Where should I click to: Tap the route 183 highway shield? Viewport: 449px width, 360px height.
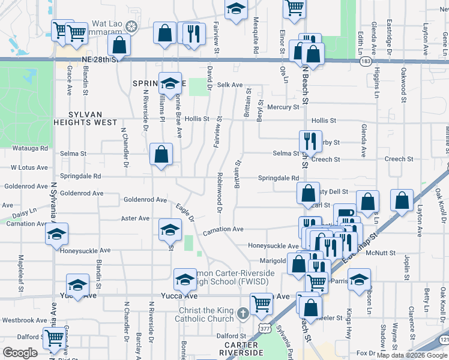[x=366, y=61]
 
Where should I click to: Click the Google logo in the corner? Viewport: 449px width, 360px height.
[x=20, y=353]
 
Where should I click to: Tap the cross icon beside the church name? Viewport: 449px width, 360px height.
[x=243, y=314]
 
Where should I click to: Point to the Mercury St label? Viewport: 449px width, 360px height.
[x=283, y=107]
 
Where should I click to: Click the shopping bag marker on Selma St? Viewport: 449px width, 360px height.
[x=161, y=155]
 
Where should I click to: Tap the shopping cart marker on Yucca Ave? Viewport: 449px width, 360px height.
[x=261, y=304]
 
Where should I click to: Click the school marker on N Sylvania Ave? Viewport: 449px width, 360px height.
[x=56, y=235]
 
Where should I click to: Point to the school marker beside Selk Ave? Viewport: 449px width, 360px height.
[x=170, y=83]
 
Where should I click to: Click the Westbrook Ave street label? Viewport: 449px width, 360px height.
[x=25, y=320]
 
